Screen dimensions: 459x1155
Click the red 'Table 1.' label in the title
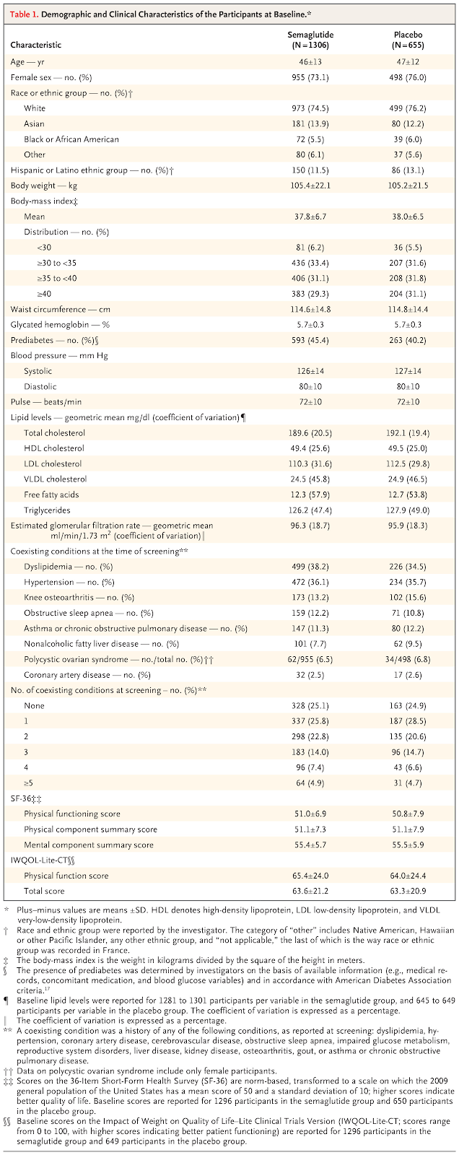pyautogui.click(x=24, y=14)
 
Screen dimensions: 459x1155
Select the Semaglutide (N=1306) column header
pyautogui.click(x=310, y=40)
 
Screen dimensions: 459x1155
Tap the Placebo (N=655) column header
pyautogui.click(x=408, y=40)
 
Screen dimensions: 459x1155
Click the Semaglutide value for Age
pyautogui.click(x=310, y=62)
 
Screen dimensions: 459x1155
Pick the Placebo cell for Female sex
pyautogui.click(x=408, y=77)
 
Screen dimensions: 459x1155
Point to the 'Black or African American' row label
pyautogui.click(x=71, y=139)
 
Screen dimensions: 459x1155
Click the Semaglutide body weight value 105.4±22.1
pyautogui.click(x=310, y=186)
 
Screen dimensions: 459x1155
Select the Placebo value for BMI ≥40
pyautogui.click(x=408, y=294)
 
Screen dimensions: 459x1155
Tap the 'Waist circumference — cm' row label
pyautogui.click(x=61, y=310)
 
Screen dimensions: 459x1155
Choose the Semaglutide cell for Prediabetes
pyautogui.click(x=310, y=340)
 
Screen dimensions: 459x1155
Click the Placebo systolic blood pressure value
pyautogui.click(x=408, y=371)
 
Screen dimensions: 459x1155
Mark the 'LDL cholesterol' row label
pyautogui.click(x=53, y=464)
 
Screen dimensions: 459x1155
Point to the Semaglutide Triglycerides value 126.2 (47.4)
pyautogui.click(x=310, y=510)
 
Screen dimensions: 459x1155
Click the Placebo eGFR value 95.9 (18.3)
pyautogui.click(x=408, y=526)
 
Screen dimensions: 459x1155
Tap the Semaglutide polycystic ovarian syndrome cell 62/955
pyautogui.click(x=310, y=660)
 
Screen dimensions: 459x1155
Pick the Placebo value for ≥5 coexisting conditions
pyautogui.click(x=408, y=783)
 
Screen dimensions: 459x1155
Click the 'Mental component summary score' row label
pyautogui.click(x=89, y=845)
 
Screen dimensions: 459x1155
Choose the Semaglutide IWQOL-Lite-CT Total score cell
pyautogui.click(x=310, y=891)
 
